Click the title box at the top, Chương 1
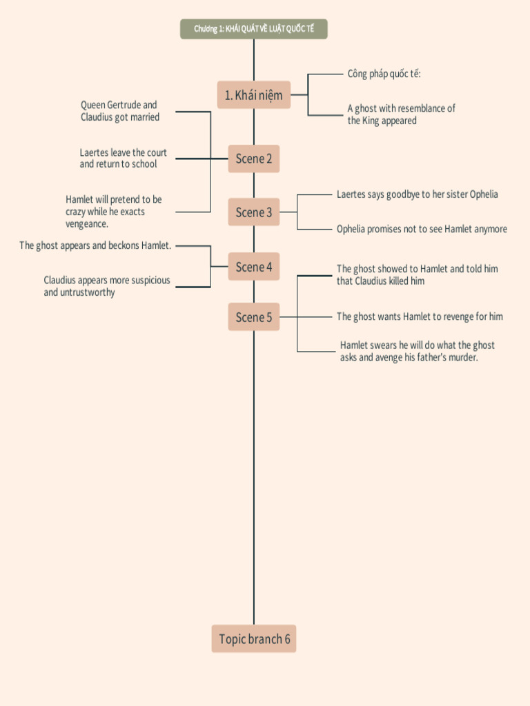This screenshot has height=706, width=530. pos(253,29)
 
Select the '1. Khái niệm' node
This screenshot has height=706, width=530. pos(253,95)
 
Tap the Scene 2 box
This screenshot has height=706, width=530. pos(253,159)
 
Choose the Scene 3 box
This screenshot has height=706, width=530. pos(253,212)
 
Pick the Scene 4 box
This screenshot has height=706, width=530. pos(253,267)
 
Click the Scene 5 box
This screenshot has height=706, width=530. pos(253,317)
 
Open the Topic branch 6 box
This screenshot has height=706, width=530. pos(254,639)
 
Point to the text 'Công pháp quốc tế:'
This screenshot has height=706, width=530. pos(384,74)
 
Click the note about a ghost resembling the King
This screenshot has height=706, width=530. pos(401,114)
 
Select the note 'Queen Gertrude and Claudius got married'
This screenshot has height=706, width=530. pos(119,111)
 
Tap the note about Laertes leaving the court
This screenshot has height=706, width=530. pos(123,159)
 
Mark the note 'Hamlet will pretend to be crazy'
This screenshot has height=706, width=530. pos(114,212)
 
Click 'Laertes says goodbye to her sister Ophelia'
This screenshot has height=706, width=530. pos(417,194)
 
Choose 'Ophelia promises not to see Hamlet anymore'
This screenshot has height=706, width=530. pos(422,229)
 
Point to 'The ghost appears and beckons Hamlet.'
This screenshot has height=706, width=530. pos(95,245)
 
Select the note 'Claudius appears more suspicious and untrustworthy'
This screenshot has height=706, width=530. pos(106,286)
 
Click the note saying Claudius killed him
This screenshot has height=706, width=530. pos(417,275)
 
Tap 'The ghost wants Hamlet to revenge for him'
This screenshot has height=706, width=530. pos(420,317)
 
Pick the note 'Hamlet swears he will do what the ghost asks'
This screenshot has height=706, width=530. pos(417,351)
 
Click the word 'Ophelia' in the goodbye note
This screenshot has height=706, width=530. pos(484,194)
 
